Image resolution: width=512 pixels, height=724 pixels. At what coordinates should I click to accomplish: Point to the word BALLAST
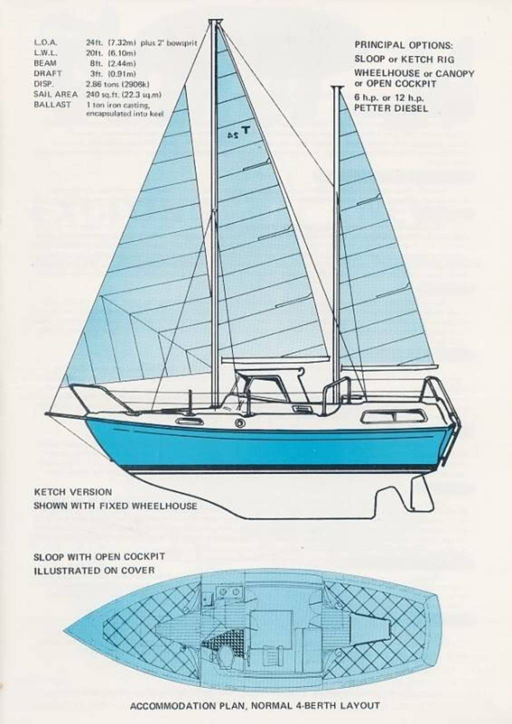[52, 105]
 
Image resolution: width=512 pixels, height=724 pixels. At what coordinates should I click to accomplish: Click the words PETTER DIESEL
[391, 108]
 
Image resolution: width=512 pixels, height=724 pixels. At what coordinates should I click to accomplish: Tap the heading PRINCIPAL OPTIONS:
[403, 45]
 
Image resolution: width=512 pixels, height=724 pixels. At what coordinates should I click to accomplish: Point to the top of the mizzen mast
[336, 87]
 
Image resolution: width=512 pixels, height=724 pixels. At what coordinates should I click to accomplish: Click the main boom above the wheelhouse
[275, 359]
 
